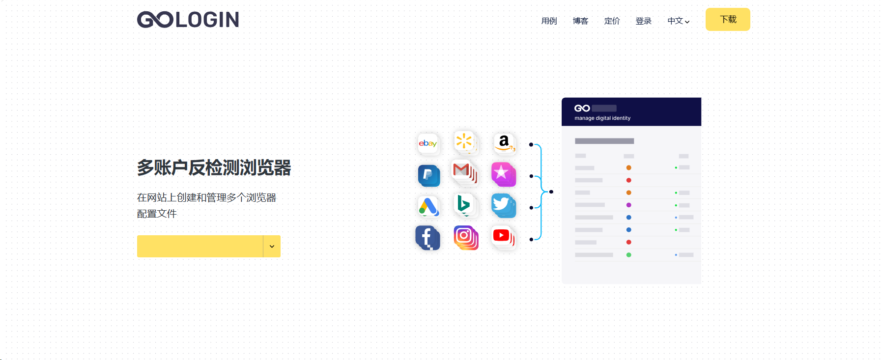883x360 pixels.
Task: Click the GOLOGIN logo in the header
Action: pyautogui.click(x=188, y=20)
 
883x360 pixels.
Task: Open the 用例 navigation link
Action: pyautogui.click(x=549, y=21)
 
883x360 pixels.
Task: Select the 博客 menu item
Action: pyautogui.click(x=580, y=21)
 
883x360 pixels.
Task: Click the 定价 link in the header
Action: pyautogui.click(x=612, y=21)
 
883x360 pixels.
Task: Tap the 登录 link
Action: pyautogui.click(x=643, y=21)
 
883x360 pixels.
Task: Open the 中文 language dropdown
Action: pyautogui.click(x=678, y=21)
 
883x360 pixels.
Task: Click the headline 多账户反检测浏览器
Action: pyautogui.click(x=214, y=168)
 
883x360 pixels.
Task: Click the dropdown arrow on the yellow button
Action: pyautogui.click(x=272, y=247)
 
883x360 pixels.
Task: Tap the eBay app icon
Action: pyautogui.click(x=428, y=143)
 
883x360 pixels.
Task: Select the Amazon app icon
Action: pyautogui.click(x=504, y=143)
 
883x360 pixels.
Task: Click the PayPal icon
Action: pyautogui.click(x=428, y=175)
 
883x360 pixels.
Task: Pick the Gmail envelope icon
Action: pyautogui.click(x=463, y=171)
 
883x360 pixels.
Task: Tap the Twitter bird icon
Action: pyautogui.click(x=503, y=205)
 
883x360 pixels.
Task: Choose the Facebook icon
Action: pyautogui.click(x=427, y=238)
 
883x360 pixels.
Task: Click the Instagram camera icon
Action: pyautogui.click(x=465, y=237)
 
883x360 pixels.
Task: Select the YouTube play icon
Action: pyautogui.click(x=502, y=236)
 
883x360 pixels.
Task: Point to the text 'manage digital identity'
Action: pyautogui.click(x=602, y=118)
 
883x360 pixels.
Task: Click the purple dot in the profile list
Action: pyautogui.click(x=628, y=205)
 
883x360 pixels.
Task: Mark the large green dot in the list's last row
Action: pyautogui.click(x=628, y=255)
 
